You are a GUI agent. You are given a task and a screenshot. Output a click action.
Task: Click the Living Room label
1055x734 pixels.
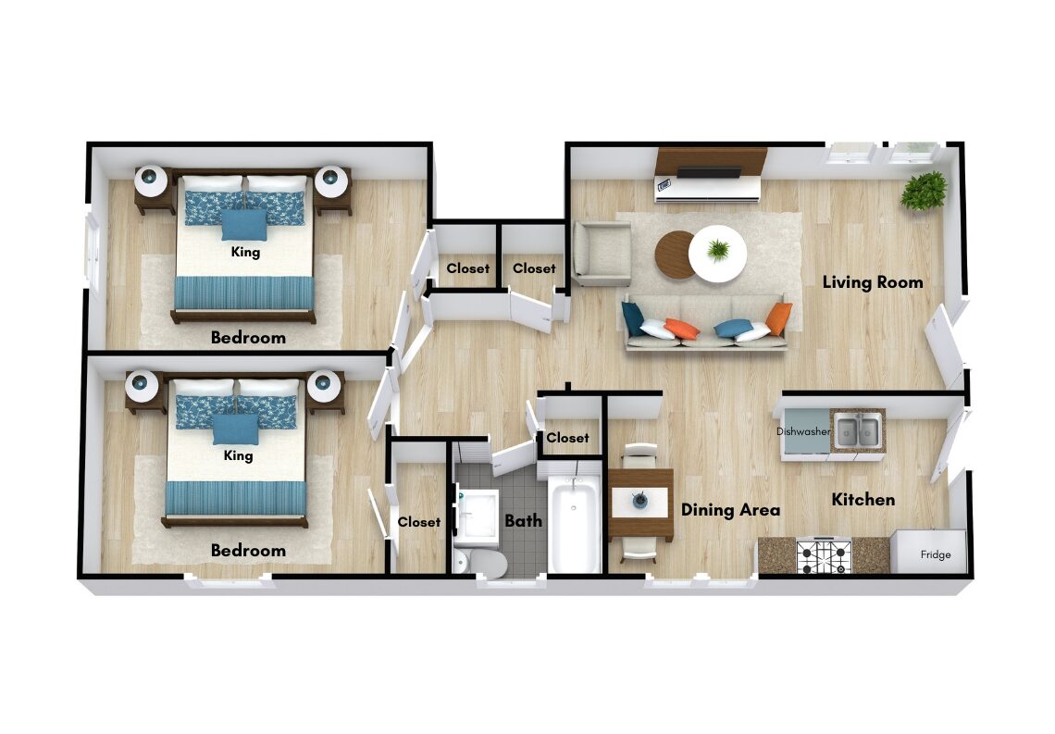[x=873, y=282]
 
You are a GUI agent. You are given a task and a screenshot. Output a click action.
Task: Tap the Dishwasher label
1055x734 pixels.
[x=803, y=431]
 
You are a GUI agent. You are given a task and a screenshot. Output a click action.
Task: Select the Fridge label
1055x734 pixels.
[x=936, y=555]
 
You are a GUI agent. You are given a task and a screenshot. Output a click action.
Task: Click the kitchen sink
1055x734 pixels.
[x=858, y=431]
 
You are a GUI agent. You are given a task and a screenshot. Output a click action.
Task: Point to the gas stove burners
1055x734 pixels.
[x=824, y=556]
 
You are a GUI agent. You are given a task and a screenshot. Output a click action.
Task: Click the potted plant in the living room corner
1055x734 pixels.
[x=924, y=191]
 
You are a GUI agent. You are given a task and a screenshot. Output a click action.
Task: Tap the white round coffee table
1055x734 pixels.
[x=718, y=254]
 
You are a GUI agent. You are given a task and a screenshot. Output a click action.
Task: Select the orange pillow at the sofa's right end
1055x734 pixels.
[x=778, y=318]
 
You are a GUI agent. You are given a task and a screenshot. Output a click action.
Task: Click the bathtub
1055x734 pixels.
[x=574, y=523]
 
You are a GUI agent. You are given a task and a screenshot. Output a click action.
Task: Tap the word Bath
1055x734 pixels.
[x=524, y=520]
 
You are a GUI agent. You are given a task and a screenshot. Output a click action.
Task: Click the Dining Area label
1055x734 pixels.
[x=731, y=510]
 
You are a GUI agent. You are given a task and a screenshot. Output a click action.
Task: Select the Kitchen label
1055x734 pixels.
[x=863, y=499]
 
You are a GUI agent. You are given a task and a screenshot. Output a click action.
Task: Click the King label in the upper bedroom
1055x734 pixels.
[x=245, y=253]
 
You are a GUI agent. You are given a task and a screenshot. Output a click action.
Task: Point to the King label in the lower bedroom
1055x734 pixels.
[x=238, y=455]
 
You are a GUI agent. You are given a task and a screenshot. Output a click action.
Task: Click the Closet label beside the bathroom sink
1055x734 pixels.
[x=419, y=522]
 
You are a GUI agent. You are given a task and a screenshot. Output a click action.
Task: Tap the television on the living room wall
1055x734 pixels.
[x=708, y=172]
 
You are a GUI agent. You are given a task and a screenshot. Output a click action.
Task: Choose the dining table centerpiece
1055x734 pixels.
[x=639, y=500]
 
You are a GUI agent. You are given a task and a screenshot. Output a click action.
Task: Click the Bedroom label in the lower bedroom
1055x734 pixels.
[x=248, y=551]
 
